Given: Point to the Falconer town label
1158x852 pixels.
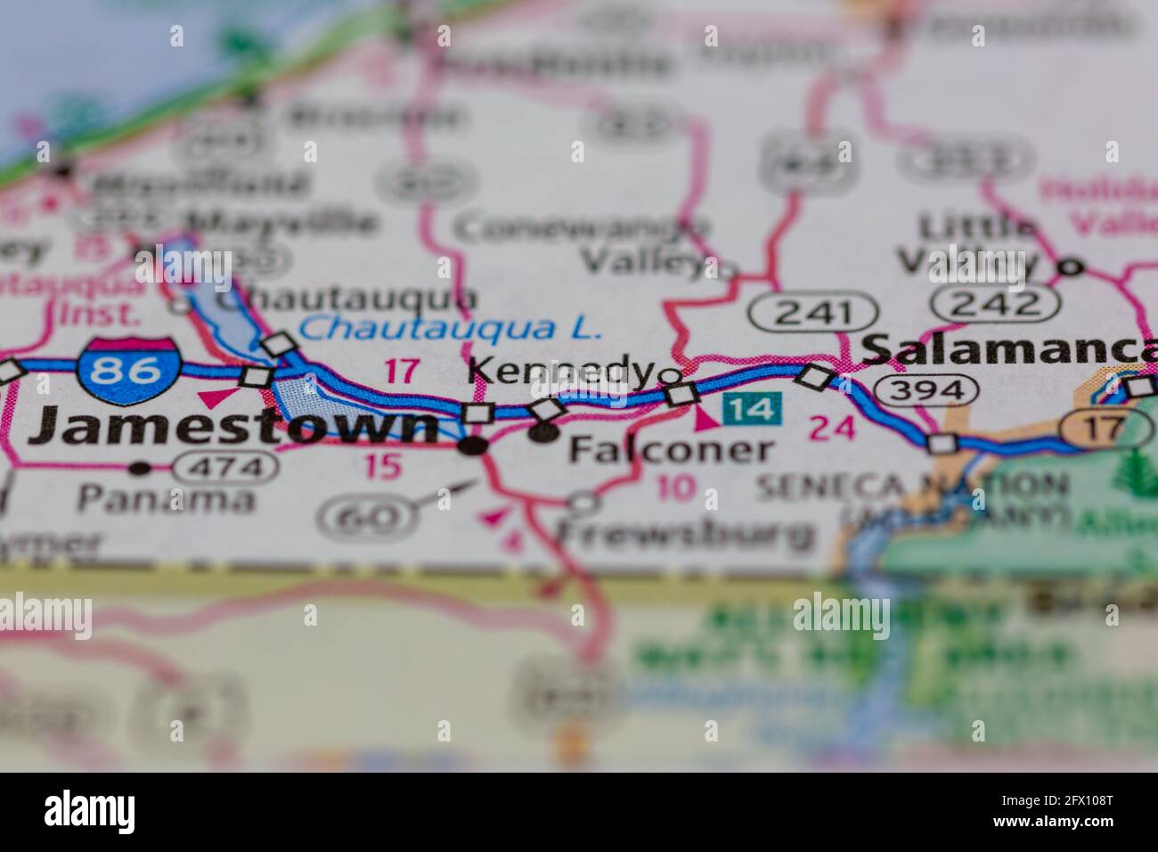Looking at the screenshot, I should [x=670, y=448].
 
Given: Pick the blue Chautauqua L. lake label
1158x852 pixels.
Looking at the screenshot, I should [x=450, y=328].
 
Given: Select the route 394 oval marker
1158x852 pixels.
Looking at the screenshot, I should [x=926, y=389].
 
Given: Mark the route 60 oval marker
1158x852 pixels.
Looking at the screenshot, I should [x=373, y=516].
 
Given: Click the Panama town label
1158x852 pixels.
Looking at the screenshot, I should [x=165, y=499].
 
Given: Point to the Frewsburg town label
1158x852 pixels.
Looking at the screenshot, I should [x=685, y=534].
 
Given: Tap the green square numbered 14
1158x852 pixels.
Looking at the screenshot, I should [x=753, y=409].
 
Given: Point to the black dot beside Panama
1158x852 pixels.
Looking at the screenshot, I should [x=139, y=467].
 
